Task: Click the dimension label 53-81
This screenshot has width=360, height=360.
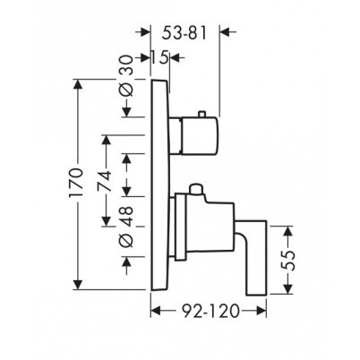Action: [x=184, y=33]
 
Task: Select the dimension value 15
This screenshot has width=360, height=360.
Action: [x=159, y=57]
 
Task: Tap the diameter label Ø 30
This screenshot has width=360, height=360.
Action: [x=126, y=75]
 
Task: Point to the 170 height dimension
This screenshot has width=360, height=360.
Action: [x=75, y=184]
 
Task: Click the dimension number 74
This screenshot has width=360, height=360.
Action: [x=105, y=181]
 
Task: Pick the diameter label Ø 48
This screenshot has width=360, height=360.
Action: [x=126, y=227]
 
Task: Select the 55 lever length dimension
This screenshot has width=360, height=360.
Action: [x=288, y=261]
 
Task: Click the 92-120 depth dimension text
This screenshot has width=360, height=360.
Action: [x=210, y=312]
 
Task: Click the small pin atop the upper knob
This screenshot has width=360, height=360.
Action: [x=201, y=115]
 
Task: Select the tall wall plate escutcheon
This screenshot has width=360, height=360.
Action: [x=160, y=184]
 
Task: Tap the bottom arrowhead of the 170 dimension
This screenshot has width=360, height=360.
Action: [x=78, y=284]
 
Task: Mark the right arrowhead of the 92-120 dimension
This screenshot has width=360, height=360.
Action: [x=260, y=312]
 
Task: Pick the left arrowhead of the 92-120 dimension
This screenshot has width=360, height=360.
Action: [x=157, y=312]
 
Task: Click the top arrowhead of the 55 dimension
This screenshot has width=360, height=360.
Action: [x=288, y=232]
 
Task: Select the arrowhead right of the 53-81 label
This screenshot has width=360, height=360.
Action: [x=227, y=32]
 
